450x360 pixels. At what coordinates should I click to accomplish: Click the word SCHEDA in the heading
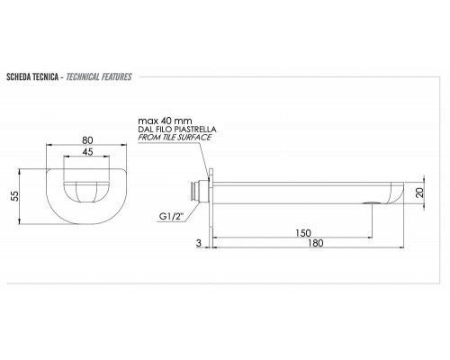(x=21, y=76)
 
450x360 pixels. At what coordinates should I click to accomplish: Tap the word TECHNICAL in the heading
(x=83, y=76)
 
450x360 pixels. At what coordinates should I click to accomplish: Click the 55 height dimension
(x=13, y=197)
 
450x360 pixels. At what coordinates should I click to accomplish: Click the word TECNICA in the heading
(x=49, y=76)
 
